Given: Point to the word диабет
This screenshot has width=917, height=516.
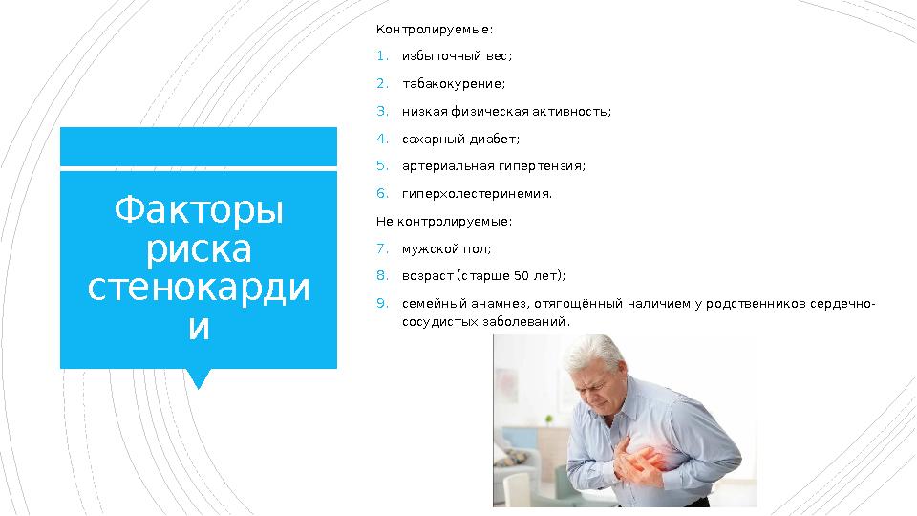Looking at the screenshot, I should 494,139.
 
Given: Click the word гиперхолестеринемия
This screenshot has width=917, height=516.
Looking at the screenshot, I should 477,194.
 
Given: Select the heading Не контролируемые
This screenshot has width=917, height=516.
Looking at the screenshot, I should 444,222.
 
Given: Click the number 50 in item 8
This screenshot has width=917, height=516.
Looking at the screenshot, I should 522,276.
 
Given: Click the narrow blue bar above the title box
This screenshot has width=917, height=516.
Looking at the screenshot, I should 199,146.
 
